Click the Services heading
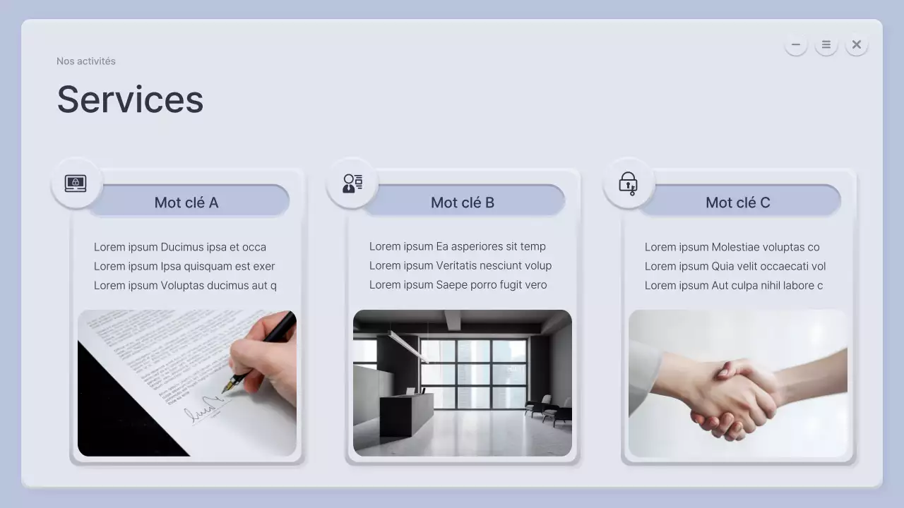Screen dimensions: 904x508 point(131,99)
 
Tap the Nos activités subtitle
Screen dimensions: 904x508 point(86,61)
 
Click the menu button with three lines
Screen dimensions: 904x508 point(826,44)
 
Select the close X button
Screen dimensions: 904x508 point(857,44)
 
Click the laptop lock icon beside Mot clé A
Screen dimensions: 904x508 point(76,183)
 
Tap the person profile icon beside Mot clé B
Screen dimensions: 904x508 point(352,183)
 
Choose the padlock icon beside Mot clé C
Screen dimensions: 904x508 point(628,184)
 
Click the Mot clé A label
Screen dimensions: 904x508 point(186,202)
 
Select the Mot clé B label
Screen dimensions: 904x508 point(463,202)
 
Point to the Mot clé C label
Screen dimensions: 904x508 point(738,202)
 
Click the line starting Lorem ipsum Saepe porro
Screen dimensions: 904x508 point(458,284)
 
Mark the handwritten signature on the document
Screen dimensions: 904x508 point(204,408)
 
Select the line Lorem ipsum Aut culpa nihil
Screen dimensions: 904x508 point(734,285)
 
